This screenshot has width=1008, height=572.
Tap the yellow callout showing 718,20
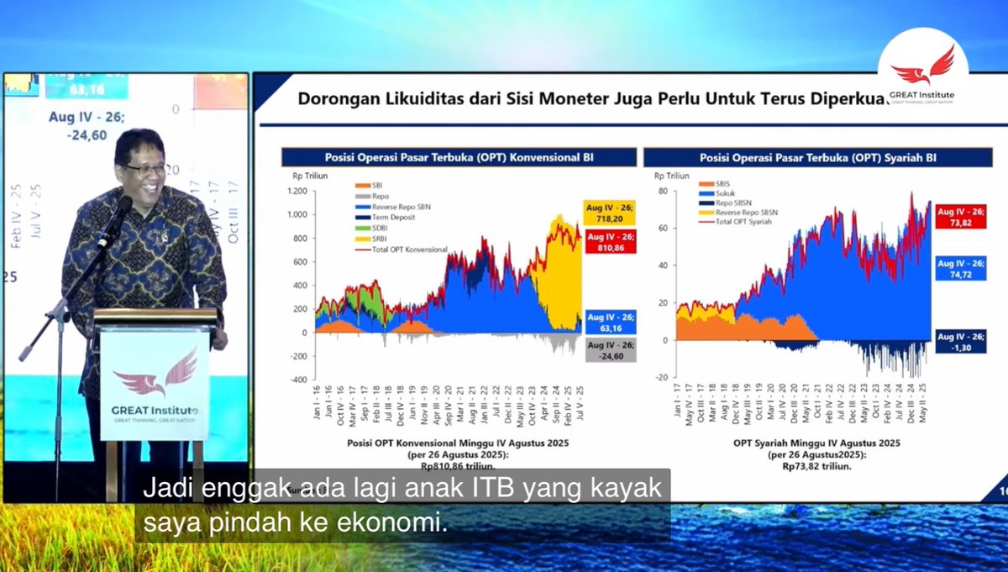(x=609, y=213)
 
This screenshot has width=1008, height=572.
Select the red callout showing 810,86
(x=609, y=243)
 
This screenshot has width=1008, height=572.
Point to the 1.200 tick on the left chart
(x=296, y=191)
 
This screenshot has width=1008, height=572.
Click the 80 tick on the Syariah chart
(x=661, y=191)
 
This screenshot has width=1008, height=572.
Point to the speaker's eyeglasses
(x=145, y=169)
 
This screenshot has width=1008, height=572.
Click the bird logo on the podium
(x=155, y=375)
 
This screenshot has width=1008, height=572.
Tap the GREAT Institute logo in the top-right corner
(x=922, y=74)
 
